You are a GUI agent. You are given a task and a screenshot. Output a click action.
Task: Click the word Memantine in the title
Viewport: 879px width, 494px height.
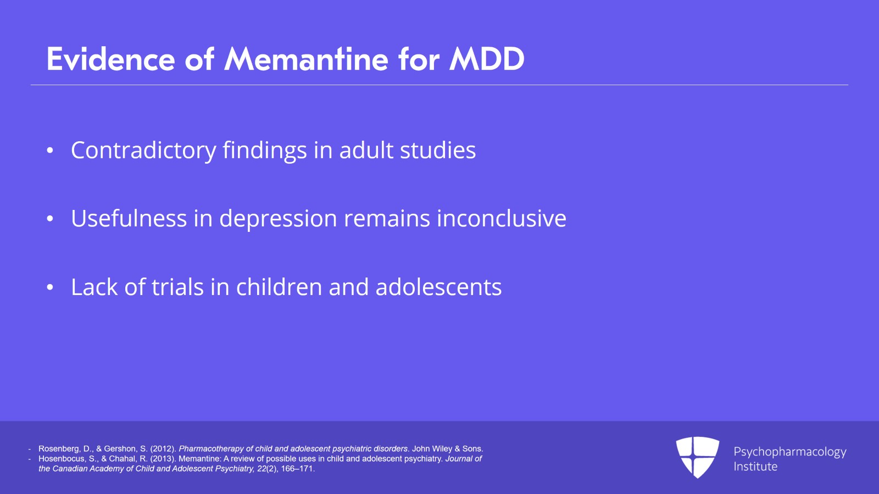pos(306,60)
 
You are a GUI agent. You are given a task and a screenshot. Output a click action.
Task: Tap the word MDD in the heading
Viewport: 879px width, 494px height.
pos(487,60)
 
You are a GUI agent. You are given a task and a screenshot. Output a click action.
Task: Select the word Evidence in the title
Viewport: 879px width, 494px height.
pos(110,60)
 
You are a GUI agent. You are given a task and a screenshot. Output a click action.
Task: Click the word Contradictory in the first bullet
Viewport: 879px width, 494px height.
pos(143,150)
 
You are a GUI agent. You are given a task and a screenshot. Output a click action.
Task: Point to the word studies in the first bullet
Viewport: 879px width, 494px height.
pos(438,150)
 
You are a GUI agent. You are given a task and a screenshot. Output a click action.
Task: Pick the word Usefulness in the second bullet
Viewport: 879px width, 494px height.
pos(129,218)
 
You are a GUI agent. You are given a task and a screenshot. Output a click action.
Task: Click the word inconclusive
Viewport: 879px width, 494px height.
pos(502,218)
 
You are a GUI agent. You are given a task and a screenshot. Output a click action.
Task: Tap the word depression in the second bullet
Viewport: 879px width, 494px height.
pos(278,219)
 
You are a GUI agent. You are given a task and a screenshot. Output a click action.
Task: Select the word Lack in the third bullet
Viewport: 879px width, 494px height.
pos(94,287)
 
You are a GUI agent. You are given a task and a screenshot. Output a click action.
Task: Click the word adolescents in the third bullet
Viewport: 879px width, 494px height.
pos(439,287)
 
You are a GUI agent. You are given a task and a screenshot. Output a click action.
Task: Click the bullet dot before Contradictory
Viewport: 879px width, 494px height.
pos(50,151)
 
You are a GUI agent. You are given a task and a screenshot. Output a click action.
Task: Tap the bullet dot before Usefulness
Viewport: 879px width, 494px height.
pos(50,219)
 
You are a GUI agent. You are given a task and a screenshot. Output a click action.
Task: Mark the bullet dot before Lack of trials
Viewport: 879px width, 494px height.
pos(50,287)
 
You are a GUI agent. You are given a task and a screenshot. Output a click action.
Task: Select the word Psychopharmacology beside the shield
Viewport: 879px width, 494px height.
pos(790,452)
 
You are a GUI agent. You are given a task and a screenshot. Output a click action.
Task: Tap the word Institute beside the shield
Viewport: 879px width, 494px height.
pos(755,467)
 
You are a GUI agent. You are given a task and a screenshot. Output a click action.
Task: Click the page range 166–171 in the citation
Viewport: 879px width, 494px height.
pos(298,469)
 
